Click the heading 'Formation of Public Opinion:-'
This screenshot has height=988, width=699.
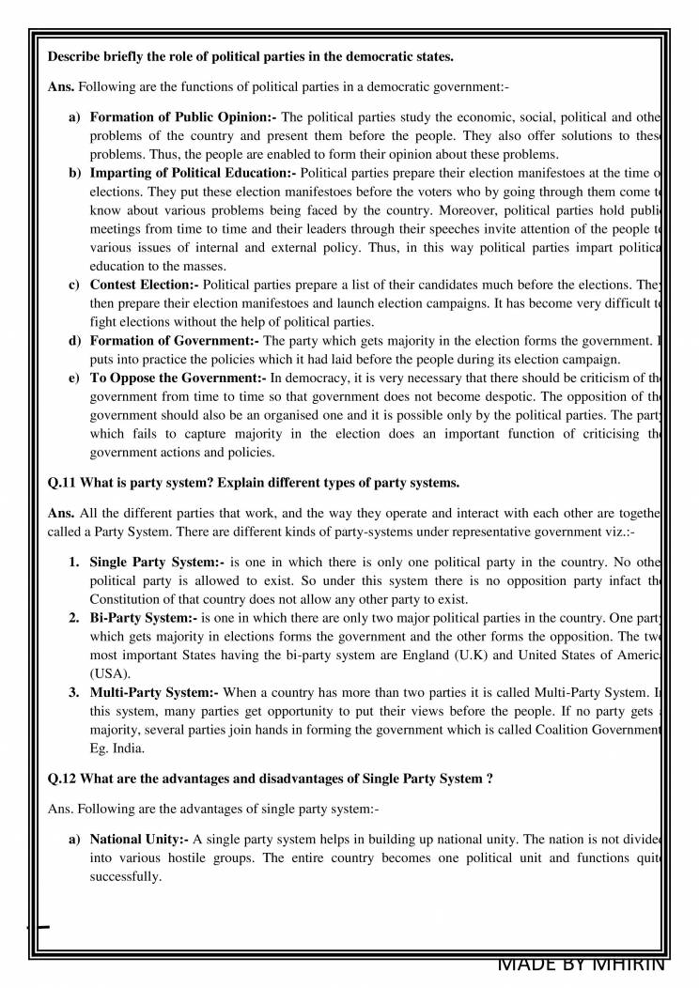(x=182, y=117)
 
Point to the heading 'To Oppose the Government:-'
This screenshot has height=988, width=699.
(x=178, y=377)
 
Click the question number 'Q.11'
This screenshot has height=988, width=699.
(x=63, y=483)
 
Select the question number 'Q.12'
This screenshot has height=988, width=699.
(x=63, y=779)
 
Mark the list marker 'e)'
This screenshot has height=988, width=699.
(x=73, y=378)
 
